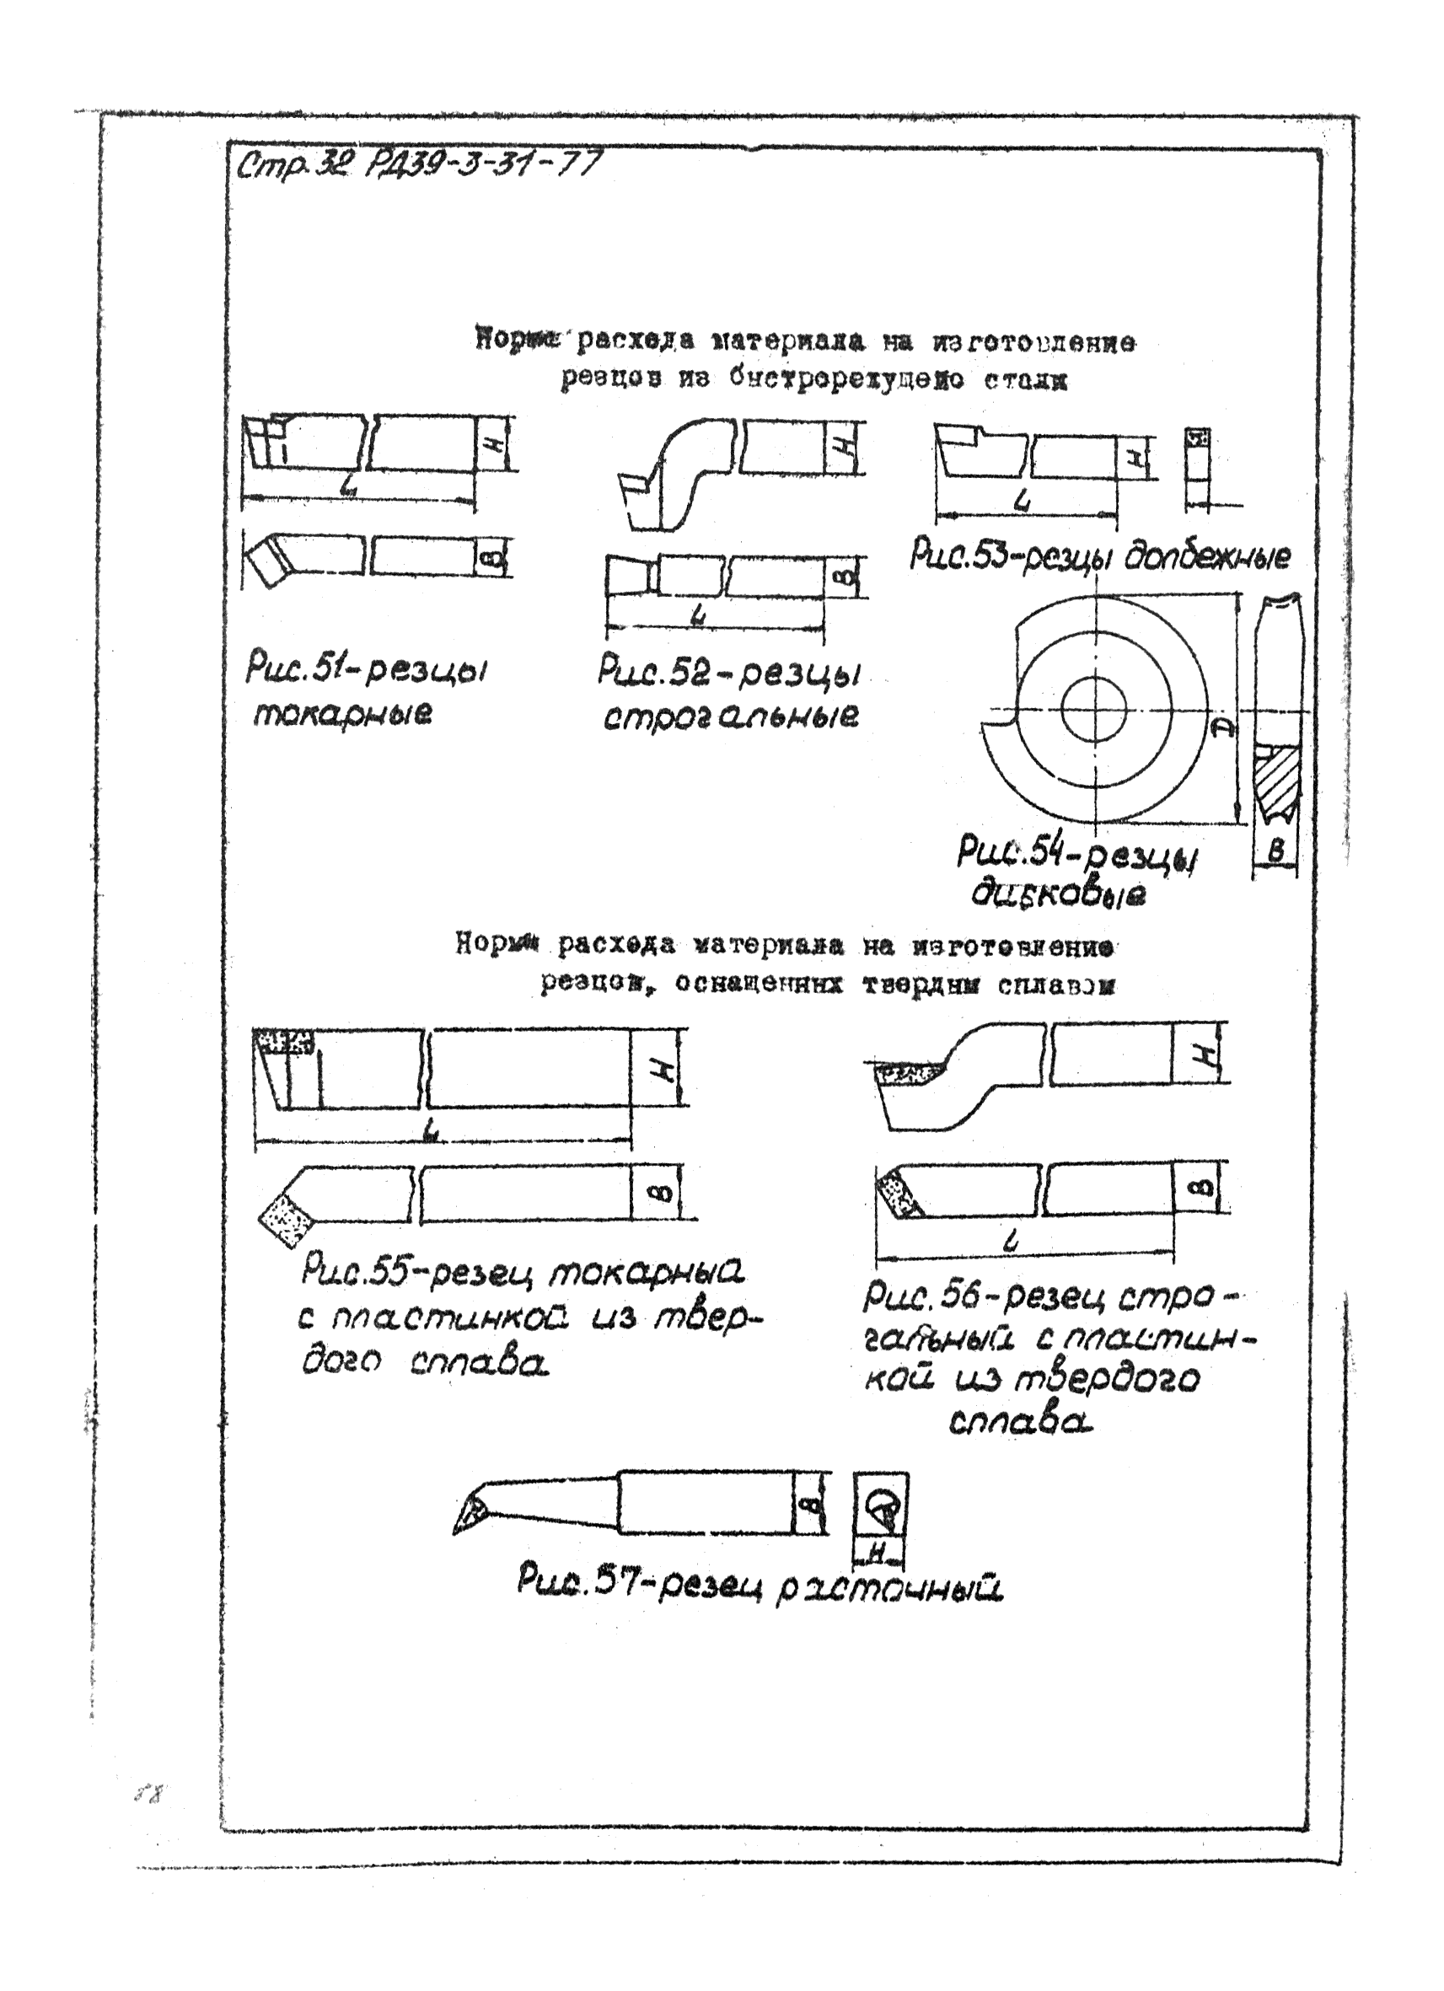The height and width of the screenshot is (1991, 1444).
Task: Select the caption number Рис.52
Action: [x=650, y=672]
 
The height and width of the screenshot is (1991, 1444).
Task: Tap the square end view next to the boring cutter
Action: [x=882, y=1506]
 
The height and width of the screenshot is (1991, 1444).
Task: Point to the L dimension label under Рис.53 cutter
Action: [x=1021, y=502]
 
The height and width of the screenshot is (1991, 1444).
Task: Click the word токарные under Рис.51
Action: [x=342, y=716]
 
